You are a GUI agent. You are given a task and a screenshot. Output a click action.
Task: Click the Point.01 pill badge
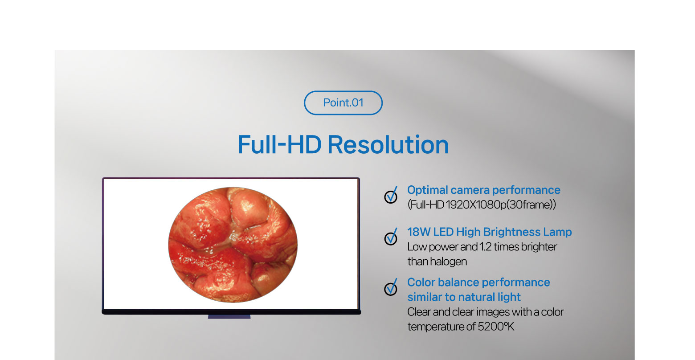point(343,103)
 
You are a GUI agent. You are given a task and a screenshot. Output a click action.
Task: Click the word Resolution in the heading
point(388,145)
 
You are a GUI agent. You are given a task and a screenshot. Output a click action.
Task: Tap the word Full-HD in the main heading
point(279,145)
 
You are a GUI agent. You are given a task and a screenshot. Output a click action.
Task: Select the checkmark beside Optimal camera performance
point(391,195)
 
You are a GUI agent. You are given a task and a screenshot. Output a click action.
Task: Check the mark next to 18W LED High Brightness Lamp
point(391,237)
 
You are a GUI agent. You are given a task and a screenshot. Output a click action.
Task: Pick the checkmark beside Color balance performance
point(391,287)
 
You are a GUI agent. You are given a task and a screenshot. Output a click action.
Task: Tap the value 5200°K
point(496,327)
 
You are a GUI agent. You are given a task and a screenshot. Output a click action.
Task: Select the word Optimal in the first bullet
point(427,190)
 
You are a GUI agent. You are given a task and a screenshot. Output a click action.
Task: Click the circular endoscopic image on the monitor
point(233,245)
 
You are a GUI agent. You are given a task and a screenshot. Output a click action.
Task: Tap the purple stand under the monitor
point(229,317)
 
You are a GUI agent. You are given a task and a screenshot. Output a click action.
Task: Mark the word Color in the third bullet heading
point(421,282)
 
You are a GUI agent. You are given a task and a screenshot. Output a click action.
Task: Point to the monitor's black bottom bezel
point(232,311)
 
